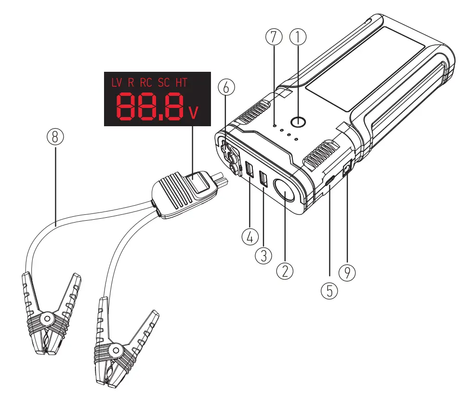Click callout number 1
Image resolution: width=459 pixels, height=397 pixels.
click(x=298, y=37)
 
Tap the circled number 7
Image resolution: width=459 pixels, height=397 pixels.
click(x=274, y=37)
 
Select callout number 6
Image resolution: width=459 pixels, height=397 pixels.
click(x=226, y=87)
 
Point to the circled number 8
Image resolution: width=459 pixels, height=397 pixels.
click(x=55, y=136)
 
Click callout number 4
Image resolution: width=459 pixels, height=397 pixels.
click(x=250, y=237)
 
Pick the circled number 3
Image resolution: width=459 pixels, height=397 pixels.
click(x=263, y=255)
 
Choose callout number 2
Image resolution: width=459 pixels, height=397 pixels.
click(x=285, y=271)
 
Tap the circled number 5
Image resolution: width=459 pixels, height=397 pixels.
click(x=329, y=291)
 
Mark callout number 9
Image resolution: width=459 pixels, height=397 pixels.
click(x=347, y=273)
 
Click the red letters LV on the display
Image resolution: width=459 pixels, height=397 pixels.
click(x=117, y=82)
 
